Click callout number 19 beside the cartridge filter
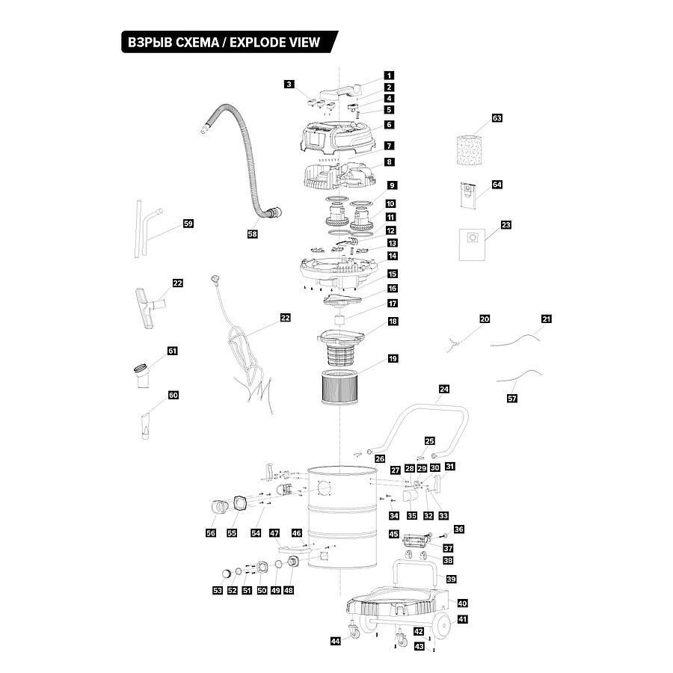point(392,359)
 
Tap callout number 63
point(497,119)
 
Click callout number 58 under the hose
point(252,234)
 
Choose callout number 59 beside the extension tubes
point(188,224)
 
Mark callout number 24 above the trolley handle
point(444,390)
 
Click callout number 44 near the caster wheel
point(335,641)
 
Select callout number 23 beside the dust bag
point(506,224)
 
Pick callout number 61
point(173,351)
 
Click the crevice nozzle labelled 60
point(144,427)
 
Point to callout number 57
point(512,399)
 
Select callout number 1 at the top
point(390,76)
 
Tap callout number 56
point(211,532)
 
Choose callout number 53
point(218,591)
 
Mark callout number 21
point(546,319)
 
